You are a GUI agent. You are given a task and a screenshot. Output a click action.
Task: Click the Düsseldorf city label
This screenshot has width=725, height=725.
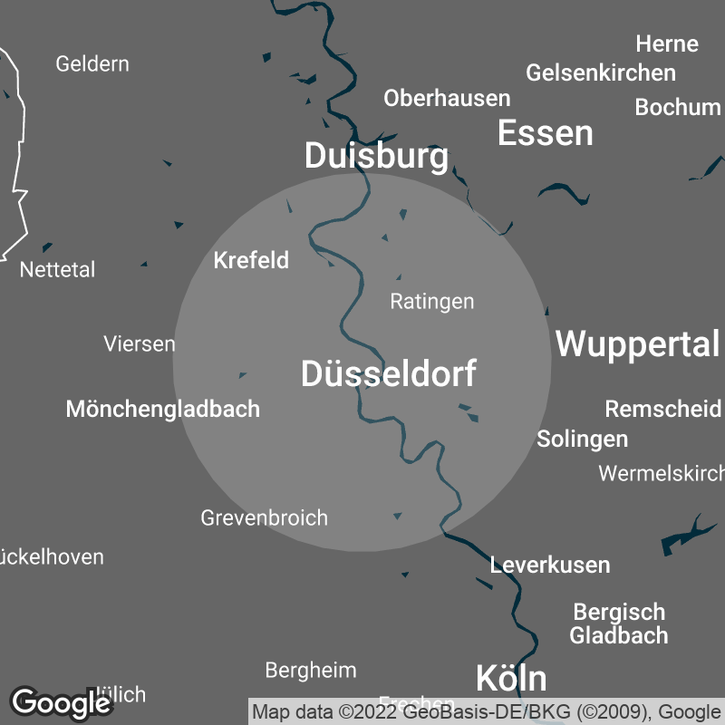point(388,373)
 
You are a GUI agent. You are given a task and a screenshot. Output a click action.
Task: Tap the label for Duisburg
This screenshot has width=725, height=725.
point(376,156)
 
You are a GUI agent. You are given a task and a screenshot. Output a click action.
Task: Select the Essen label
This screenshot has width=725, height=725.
point(546,133)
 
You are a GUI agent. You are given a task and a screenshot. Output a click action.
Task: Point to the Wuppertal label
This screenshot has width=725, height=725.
point(638,344)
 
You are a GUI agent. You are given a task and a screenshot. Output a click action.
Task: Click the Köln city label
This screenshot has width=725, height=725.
point(511,678)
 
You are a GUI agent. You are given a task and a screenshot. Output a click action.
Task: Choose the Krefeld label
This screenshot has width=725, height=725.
point(251,261)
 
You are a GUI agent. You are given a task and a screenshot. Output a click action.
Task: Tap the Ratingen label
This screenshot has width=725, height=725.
point(432,301)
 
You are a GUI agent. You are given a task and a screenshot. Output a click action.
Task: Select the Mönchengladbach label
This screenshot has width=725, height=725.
point(163,409)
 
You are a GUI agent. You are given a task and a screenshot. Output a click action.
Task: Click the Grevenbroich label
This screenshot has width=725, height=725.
point(264,518)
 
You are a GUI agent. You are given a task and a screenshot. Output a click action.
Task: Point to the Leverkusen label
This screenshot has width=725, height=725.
point(550,565)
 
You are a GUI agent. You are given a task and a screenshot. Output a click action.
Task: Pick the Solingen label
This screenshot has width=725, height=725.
point(583,440)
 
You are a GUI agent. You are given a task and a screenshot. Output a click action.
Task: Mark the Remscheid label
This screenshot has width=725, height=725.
point(663,409)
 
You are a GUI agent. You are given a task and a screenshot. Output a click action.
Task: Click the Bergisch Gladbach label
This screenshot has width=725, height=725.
point(619,623)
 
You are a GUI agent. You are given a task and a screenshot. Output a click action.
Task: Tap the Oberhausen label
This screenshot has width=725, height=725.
point(447,98)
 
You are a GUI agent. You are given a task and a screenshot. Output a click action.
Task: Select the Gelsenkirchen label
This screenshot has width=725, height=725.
point(601,72)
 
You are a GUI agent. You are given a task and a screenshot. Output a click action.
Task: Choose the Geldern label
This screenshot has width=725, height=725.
point(92,64)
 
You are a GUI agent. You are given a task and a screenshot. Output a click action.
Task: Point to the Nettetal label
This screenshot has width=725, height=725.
point(57,270)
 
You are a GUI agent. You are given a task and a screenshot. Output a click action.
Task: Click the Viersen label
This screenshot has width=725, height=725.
point(140,344)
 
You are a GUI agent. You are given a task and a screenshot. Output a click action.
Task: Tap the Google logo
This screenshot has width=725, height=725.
point(61,702)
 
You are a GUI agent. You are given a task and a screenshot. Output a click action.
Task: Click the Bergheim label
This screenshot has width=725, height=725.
point(311,671)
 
